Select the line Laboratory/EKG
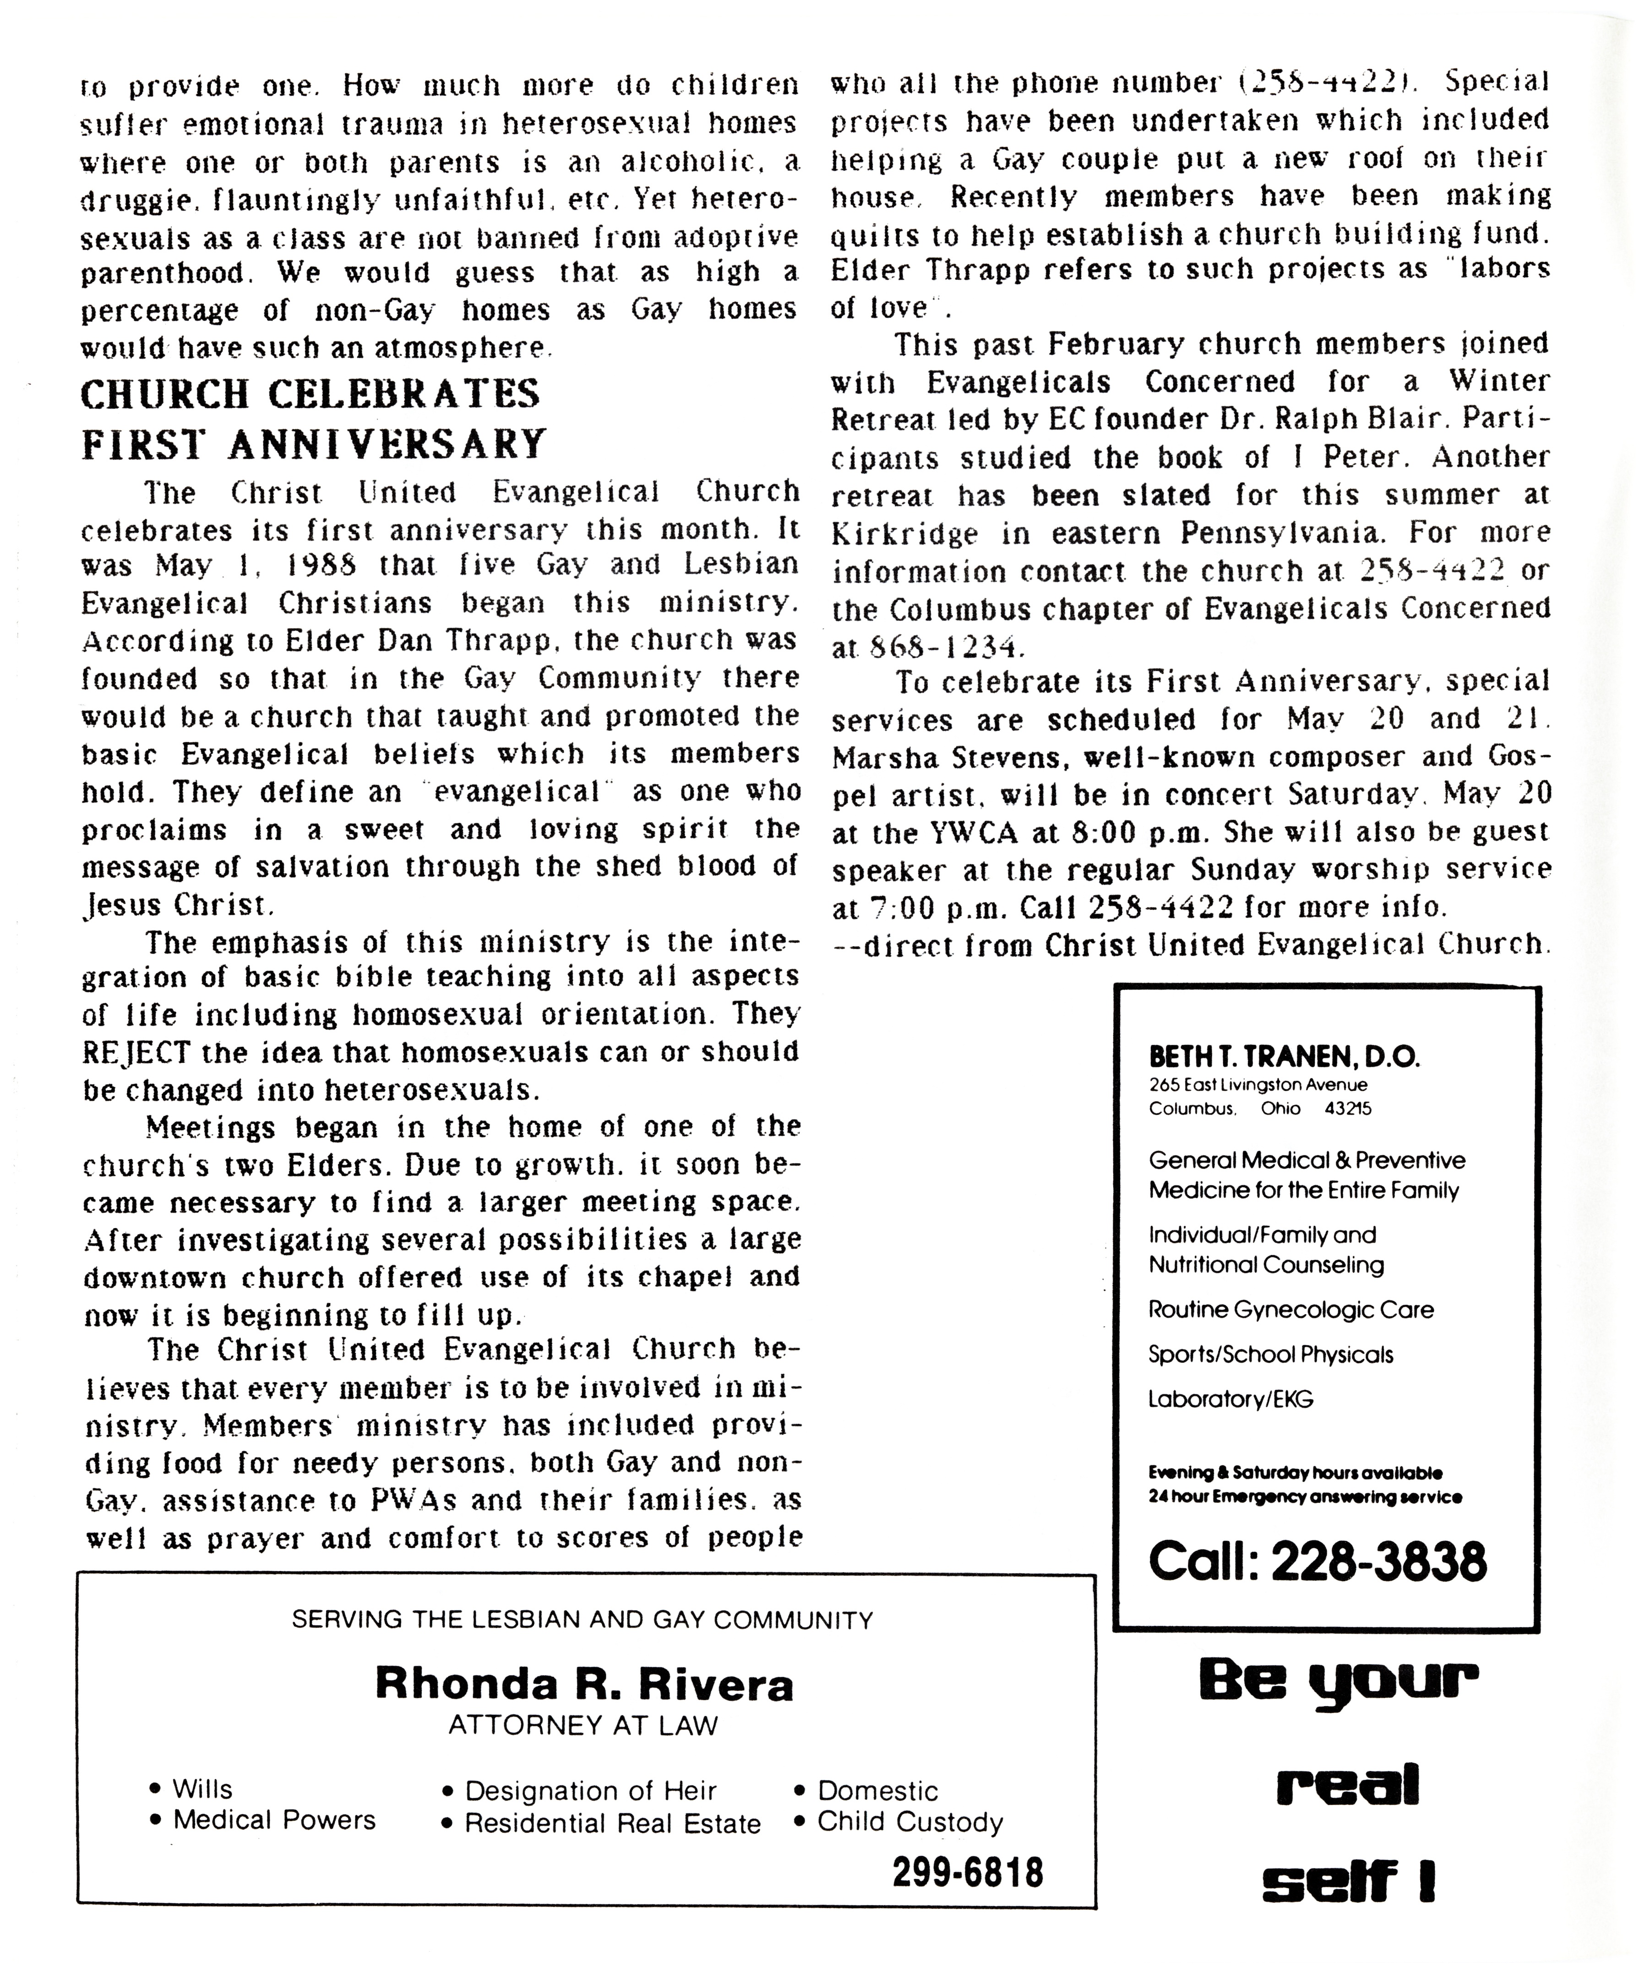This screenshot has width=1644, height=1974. click(x=1230, y=1399)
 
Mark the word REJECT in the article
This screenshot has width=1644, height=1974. click(x=136, y=1052)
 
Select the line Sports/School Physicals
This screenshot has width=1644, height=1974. click(x=1270, y=1354)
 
